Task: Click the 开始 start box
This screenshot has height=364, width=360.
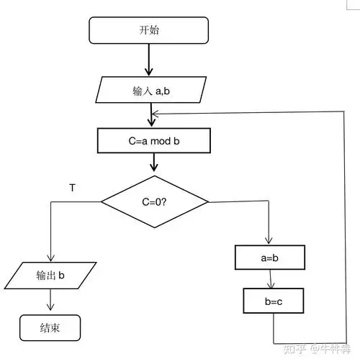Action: pos(148,30)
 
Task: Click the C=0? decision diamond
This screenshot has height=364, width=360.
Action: pos(154,202)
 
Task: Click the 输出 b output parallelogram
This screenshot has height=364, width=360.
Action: pos(51,276)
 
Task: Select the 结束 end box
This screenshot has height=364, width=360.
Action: pos(50,327)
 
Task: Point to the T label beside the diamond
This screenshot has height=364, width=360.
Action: pos(71,188)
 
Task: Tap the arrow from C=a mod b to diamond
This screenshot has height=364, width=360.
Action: pos(153,163)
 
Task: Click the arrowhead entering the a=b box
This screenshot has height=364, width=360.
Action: pos(269,241)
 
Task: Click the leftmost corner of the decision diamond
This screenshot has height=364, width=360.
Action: pos(101,202)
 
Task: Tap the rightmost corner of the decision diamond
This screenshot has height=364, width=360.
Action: pos(208,202)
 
